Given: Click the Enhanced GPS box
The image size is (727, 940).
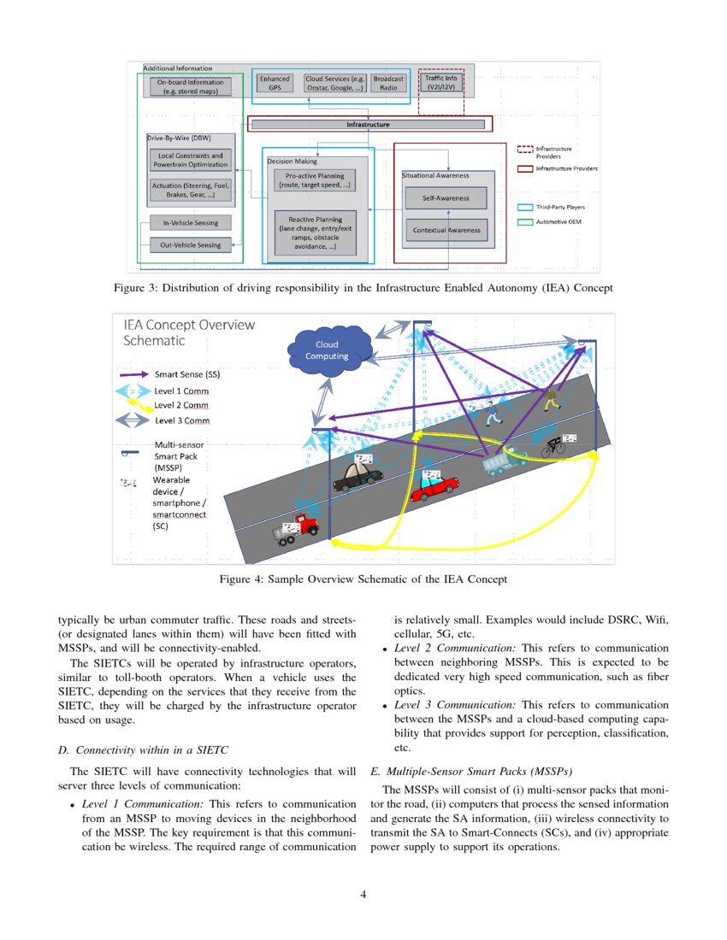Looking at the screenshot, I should [275, 83].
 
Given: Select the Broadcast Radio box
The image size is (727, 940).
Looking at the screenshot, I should [388, 83].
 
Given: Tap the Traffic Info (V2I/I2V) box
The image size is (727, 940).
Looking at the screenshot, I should [440, 83].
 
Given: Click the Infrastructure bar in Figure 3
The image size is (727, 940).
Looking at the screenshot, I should [367, 125].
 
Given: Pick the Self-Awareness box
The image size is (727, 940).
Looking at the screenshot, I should [445, 198].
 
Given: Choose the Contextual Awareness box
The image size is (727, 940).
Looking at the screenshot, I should [446, 230].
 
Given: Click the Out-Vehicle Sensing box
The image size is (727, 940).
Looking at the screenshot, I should [190, 245].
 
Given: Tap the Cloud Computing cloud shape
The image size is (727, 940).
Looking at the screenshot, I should [327, 350].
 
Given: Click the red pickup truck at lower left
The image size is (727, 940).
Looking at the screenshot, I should [296, 528].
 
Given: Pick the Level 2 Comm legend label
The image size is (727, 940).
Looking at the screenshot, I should [181, 405].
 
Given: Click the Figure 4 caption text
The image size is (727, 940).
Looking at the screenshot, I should [363, 579].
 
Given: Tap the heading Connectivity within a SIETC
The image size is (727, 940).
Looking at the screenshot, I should [143, 750].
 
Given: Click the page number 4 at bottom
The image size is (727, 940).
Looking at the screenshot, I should [363, 895].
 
